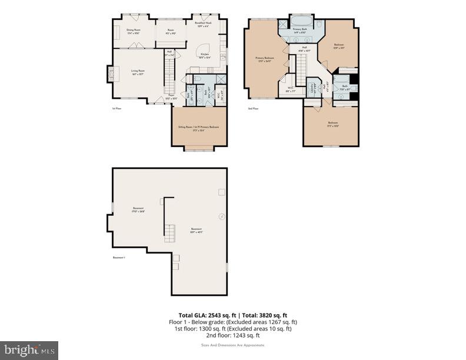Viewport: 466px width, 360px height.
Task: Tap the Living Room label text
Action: [x=138, y=71]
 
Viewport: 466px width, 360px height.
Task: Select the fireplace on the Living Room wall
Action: [x=109, y=73]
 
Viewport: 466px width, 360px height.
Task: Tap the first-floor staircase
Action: [x=169, y=77]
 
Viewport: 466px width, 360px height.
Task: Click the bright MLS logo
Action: [x=29, y=350]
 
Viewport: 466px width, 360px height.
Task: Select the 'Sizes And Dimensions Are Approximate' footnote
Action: [x=234, y=345]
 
